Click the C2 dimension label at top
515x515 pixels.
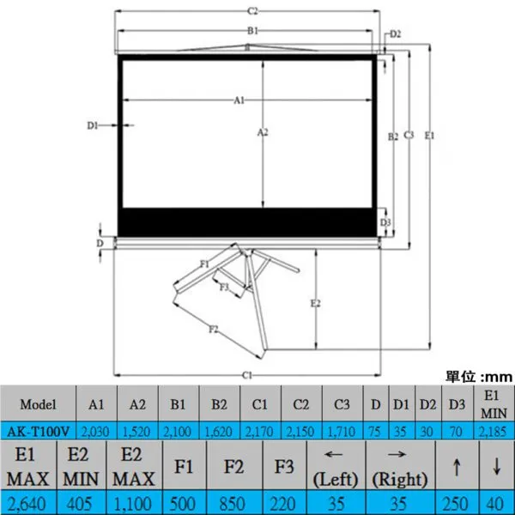pos(252,11)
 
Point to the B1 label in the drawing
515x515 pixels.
pos(252,31)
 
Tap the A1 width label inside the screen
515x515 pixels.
pos(239,100)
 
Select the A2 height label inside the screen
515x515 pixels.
pos(263,132)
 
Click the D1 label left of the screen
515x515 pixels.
pos(93,125)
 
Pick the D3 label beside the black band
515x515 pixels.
pos(385,222)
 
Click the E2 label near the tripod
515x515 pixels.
pos(315,304)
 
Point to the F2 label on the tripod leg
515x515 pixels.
pos(214,329)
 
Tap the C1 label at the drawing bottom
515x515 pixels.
pos(246,375)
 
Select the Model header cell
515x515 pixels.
pos(38,404)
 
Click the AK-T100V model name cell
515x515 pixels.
pos(38,431)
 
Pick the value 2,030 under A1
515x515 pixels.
pos(95,432)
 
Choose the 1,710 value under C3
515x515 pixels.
pos(342,432)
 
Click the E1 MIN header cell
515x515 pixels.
pos(494,404)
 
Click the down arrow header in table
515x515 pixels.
pos(497,466)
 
